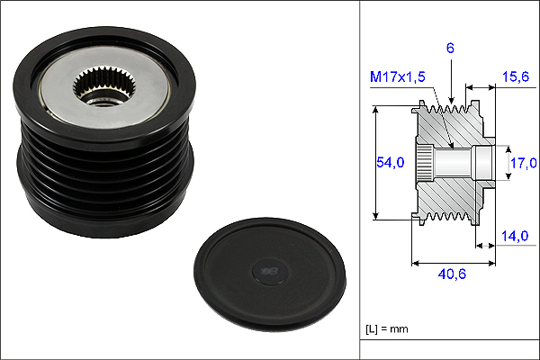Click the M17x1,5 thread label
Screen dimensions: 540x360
tap(398, 76)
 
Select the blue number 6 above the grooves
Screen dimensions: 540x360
tap(450, 49)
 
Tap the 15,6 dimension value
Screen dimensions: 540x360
tap(515, 76)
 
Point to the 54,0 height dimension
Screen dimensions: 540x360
tap(391, 162)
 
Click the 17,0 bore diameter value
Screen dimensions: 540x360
tap(523, 163)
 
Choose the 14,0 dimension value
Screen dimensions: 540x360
tap(515, 236)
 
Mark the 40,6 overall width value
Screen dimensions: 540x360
tap(452, 274)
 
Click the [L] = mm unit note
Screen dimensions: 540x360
tap(387, 329)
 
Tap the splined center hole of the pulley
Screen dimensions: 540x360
tap(104, 86)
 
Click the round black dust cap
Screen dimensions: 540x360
tap(270, 274)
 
